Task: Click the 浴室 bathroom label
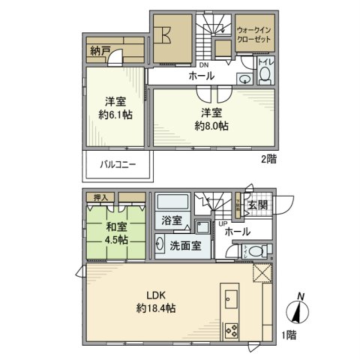point(172,220)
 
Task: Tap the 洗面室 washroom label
point(183,245)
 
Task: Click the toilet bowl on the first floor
point(256,251)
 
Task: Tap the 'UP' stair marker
point(223,224)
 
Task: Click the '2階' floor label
point(269,160)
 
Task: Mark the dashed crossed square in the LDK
point(263,274)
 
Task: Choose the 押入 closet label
point(100,197)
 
